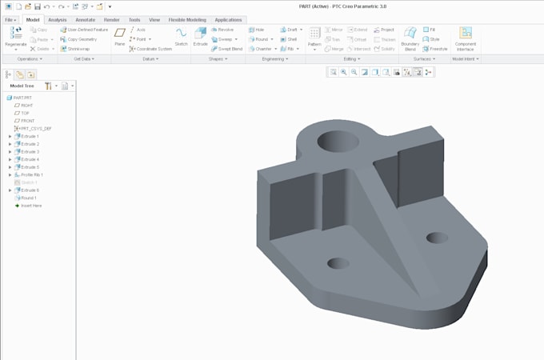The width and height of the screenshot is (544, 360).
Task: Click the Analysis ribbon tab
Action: pyautogui.click(x=58, y=19)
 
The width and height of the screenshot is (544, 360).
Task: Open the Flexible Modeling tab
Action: pyautogui.click(x=186, y=19)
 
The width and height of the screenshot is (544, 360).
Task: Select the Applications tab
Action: pyautogui.click(x=228, y=19)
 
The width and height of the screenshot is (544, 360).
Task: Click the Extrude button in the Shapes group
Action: pyautogui.click(x=200, y=36)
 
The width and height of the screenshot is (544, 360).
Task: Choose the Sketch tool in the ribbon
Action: pyautogui.click(x=181, y=36)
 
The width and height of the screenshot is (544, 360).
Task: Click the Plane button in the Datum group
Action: pyautogui.click(x=120, y=36)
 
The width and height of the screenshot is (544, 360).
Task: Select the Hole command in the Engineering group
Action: pyautogui.click(x=258, y=30)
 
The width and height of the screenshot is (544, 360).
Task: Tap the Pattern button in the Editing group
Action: pyautogui.click(x=314, y=37)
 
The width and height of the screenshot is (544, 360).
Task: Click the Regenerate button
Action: pyautogui.click(x=15, y=36)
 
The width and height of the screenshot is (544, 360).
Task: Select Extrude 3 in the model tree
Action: pyautogui.click(x=30, y=151)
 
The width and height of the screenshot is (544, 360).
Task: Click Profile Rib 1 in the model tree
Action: pyautogui.click(x=32, y=174)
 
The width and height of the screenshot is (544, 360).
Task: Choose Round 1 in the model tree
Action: pyautogui.click(x=29, y=198)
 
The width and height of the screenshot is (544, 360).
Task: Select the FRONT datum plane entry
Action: pyautogui.click(x=27, y=121)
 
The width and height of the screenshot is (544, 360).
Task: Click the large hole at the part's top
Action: pyautogui.click(x=332, y=143)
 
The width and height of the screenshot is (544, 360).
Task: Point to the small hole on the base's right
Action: pyautogui.click(x=437, y=238)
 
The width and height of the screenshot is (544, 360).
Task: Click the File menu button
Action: pyautogui.click(x=11, y=19)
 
